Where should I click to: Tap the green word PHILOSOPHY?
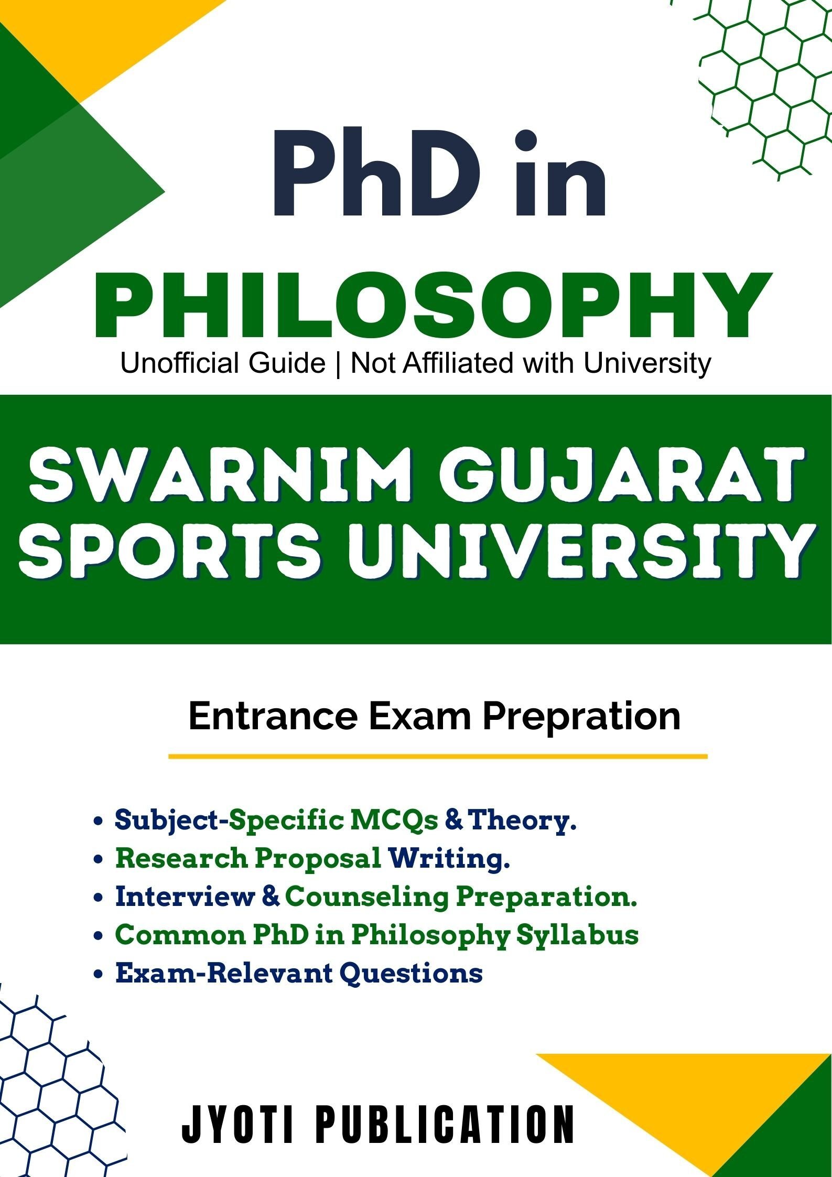pyautogui.click(x=433, y=305)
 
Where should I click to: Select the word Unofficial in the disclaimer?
pyautogui.click(x=223, y=363)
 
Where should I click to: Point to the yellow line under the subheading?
pyautogui.click(x=438, y=757)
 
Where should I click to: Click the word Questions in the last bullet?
pyautogui.click(x=411, y=974)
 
